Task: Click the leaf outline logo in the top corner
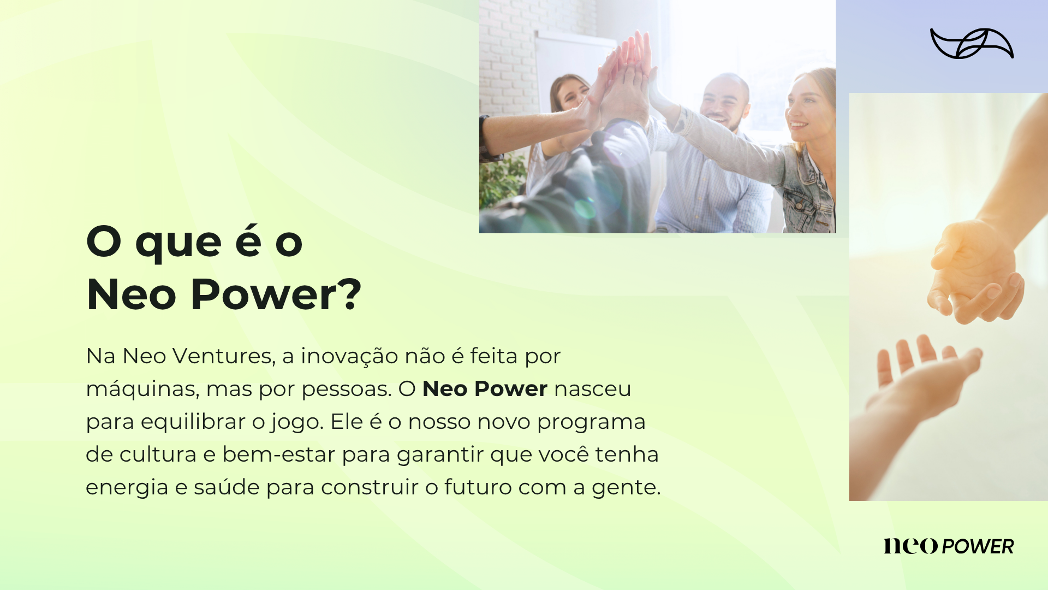[972, 43]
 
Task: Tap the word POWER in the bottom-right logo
[978, 546]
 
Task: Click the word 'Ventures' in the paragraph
[224, 356]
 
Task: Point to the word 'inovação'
[349, 356]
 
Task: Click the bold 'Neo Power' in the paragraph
[485, 389]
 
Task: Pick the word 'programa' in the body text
[591, 422]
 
